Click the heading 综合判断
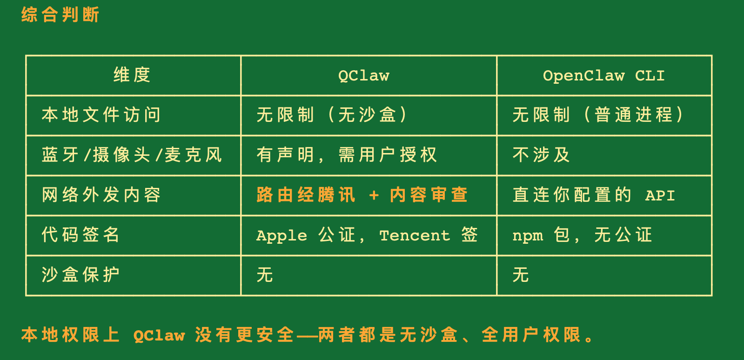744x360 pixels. tap(60, 15)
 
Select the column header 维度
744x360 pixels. tap(132, 75)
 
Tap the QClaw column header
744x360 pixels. tap(364, 76)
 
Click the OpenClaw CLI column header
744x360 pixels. tap(603, 76)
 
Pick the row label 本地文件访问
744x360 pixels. tap(101, 115)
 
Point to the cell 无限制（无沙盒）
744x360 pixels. tap(332, 115)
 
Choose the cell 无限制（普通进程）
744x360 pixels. tap(598, 115)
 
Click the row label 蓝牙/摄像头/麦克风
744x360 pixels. tap(132, 155)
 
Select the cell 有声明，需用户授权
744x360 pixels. tap(347, 155)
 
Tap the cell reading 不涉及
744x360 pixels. tap(541, 155)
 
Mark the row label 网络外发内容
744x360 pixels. tap(101, 195)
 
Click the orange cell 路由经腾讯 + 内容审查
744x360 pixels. tap(362, 195)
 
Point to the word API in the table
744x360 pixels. tap(660, 196)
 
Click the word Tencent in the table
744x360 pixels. tap(415, 236)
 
